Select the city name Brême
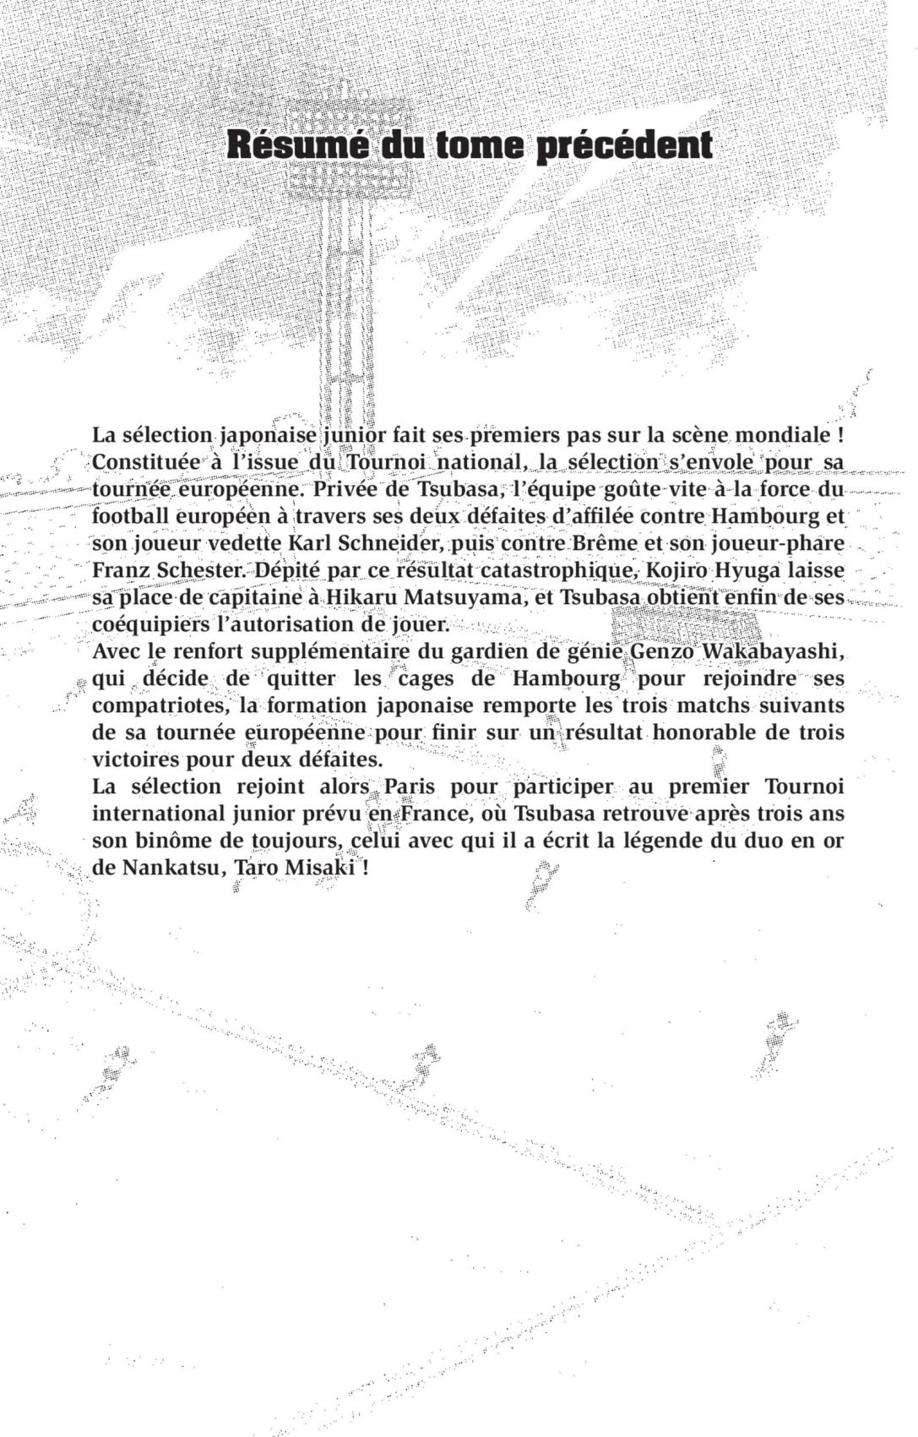[x=609, y=542]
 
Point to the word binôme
[x=178, y=841]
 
